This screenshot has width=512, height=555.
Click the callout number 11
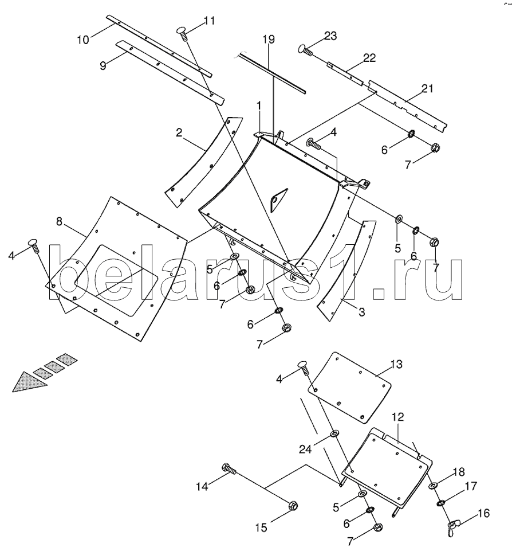(210, 21)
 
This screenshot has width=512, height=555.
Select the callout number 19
(269, 39)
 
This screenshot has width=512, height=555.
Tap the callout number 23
(330, 36)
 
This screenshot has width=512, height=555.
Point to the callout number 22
(369, 58)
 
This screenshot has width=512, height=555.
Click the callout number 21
(427, 88)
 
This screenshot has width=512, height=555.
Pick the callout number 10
(83, 40)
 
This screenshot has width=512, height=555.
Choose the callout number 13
(396, 364)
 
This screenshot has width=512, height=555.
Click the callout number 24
(305, 450)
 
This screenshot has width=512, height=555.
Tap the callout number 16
(484, 513)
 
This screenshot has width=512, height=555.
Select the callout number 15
(261, 527)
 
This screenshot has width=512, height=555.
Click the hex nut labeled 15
(293, 506)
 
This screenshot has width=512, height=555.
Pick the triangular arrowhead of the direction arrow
(29, 382)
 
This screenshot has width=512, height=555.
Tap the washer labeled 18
(432, 486)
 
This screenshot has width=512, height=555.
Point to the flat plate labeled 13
(349, 388)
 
